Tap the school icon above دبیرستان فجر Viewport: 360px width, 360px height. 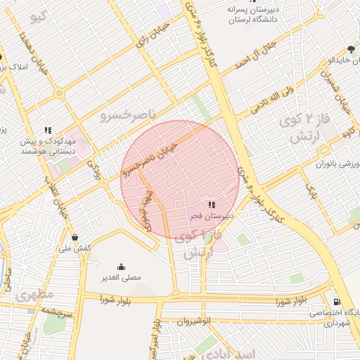[212, 205]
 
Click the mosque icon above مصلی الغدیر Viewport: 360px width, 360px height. [121, 266]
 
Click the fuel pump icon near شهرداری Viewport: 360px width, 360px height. [337, 301]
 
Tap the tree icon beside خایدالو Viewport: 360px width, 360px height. [351, 49]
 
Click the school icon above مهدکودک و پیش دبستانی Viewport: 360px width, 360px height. [48, 129]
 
